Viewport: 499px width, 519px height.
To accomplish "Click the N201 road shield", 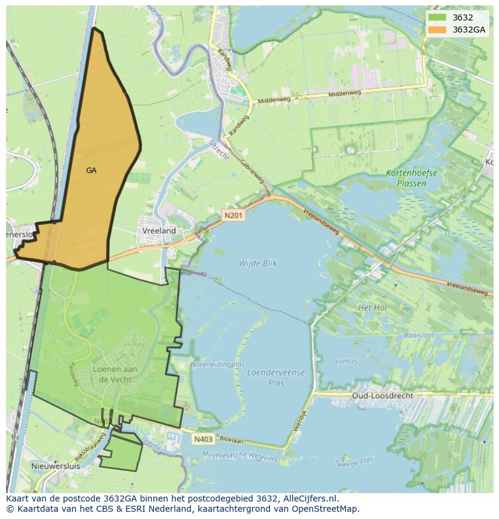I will pos(234,215).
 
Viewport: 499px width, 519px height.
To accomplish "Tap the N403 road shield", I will pos(203,439).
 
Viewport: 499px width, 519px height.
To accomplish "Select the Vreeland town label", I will pos(159,231).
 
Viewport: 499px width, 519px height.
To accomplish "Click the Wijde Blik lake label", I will pos(257,263).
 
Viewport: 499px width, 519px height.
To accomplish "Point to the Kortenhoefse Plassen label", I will pos(412,177).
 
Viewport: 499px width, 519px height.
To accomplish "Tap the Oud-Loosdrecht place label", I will pos(383,396).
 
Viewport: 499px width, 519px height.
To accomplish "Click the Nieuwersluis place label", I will pos(55,466).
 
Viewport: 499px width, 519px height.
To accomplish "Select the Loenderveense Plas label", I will pos(276,377).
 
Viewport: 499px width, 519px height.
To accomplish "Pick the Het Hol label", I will pos(372,307).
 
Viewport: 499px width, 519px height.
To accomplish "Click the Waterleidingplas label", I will pos(217,365).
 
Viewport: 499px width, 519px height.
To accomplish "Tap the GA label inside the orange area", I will pos(91,171).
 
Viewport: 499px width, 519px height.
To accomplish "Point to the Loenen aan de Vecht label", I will pos(115,374).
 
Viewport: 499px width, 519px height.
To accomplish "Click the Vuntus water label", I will pos(345,361).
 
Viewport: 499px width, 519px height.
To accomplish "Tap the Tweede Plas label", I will pos(353,462).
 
